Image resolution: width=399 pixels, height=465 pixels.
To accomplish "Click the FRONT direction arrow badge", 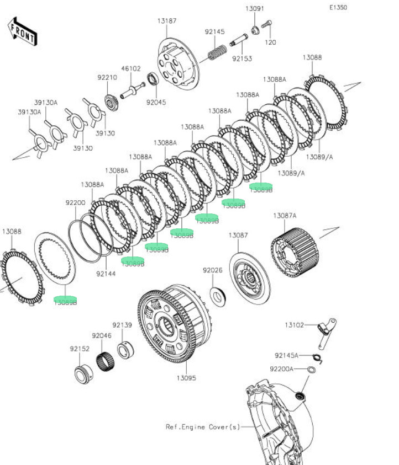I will tap(22, 31).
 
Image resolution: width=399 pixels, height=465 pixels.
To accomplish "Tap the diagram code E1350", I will tap(338, 8).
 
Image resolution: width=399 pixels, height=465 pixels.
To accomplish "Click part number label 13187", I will tap(166, 21).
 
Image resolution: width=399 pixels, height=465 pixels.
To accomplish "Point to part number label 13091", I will tap(255, 9).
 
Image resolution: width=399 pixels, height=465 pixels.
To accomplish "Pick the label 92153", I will tap(242, 57).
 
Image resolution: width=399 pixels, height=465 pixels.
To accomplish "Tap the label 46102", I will tap(131, 69).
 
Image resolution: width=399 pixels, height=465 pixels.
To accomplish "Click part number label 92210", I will tap(107, 78).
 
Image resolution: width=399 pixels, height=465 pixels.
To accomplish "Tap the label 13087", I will tap(238, 236).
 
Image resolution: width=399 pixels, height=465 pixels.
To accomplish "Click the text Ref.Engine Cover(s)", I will tap(203, 426).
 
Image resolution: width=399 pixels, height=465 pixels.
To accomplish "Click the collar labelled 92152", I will tap(83, 374).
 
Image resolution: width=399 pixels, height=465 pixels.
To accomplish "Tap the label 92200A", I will tap(281, 368).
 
